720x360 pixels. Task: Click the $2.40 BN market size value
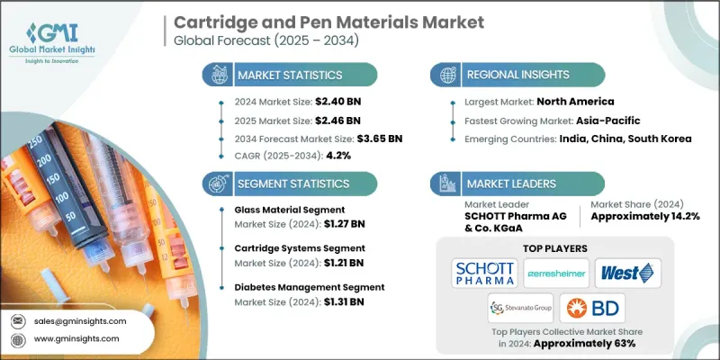point(319,102)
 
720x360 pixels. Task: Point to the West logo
point(629,271)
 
